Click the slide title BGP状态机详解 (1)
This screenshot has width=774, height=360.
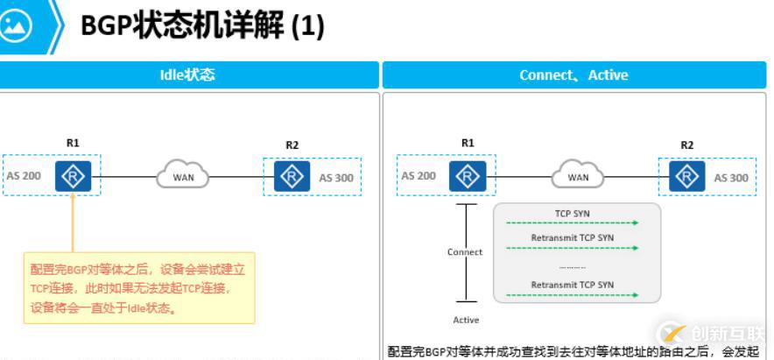(x=202, y=25)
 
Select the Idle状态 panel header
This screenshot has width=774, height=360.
(x=188, y=75)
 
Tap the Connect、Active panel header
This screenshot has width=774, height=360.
(x=573, y=75)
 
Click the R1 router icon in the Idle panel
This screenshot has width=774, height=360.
(x=73, y=176)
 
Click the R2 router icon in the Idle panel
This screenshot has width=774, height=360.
(x=292, y=176)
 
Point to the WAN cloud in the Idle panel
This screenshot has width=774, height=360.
(x=183, y=177)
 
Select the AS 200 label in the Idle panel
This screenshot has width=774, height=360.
(x=25, y=175)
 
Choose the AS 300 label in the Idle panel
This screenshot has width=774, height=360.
(x=336, y=178)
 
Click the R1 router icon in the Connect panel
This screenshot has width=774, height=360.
(x=468, y=176)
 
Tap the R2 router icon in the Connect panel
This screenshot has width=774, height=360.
(x=686, y=176)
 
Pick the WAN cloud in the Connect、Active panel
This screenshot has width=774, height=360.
(x=578, y=177)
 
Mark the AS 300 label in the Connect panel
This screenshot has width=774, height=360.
(x=731, y=178)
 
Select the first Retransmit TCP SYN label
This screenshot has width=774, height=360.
(x=573, y=237)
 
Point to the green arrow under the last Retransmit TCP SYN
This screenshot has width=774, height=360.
(x=573, y=295)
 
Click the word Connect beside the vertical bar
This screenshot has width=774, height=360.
(x=465, y=252)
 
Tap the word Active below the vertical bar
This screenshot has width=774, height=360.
(x=466, y=321)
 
